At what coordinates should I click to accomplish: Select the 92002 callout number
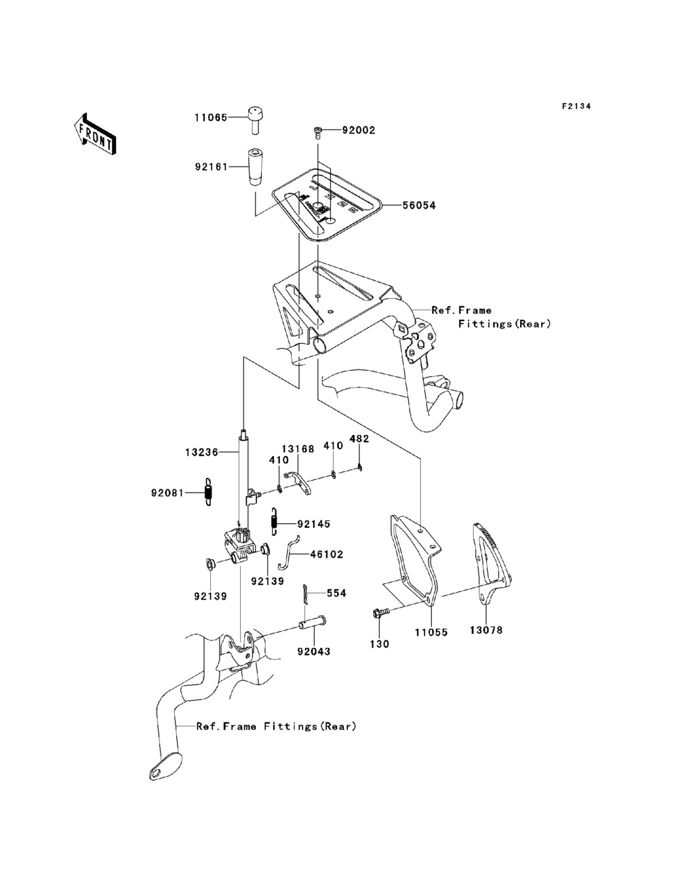pos(359,129)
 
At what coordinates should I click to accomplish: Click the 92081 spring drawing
pos(209,491)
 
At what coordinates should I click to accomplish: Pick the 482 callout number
pos(359,438)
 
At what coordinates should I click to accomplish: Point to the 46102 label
pos(326,554)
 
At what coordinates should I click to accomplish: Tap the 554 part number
pos(336,593)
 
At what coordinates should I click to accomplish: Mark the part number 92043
pos(313,652)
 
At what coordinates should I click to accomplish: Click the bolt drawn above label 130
pos(381,613)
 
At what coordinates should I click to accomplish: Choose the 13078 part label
pos(486,630)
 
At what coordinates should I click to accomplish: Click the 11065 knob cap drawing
pos(255,120)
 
